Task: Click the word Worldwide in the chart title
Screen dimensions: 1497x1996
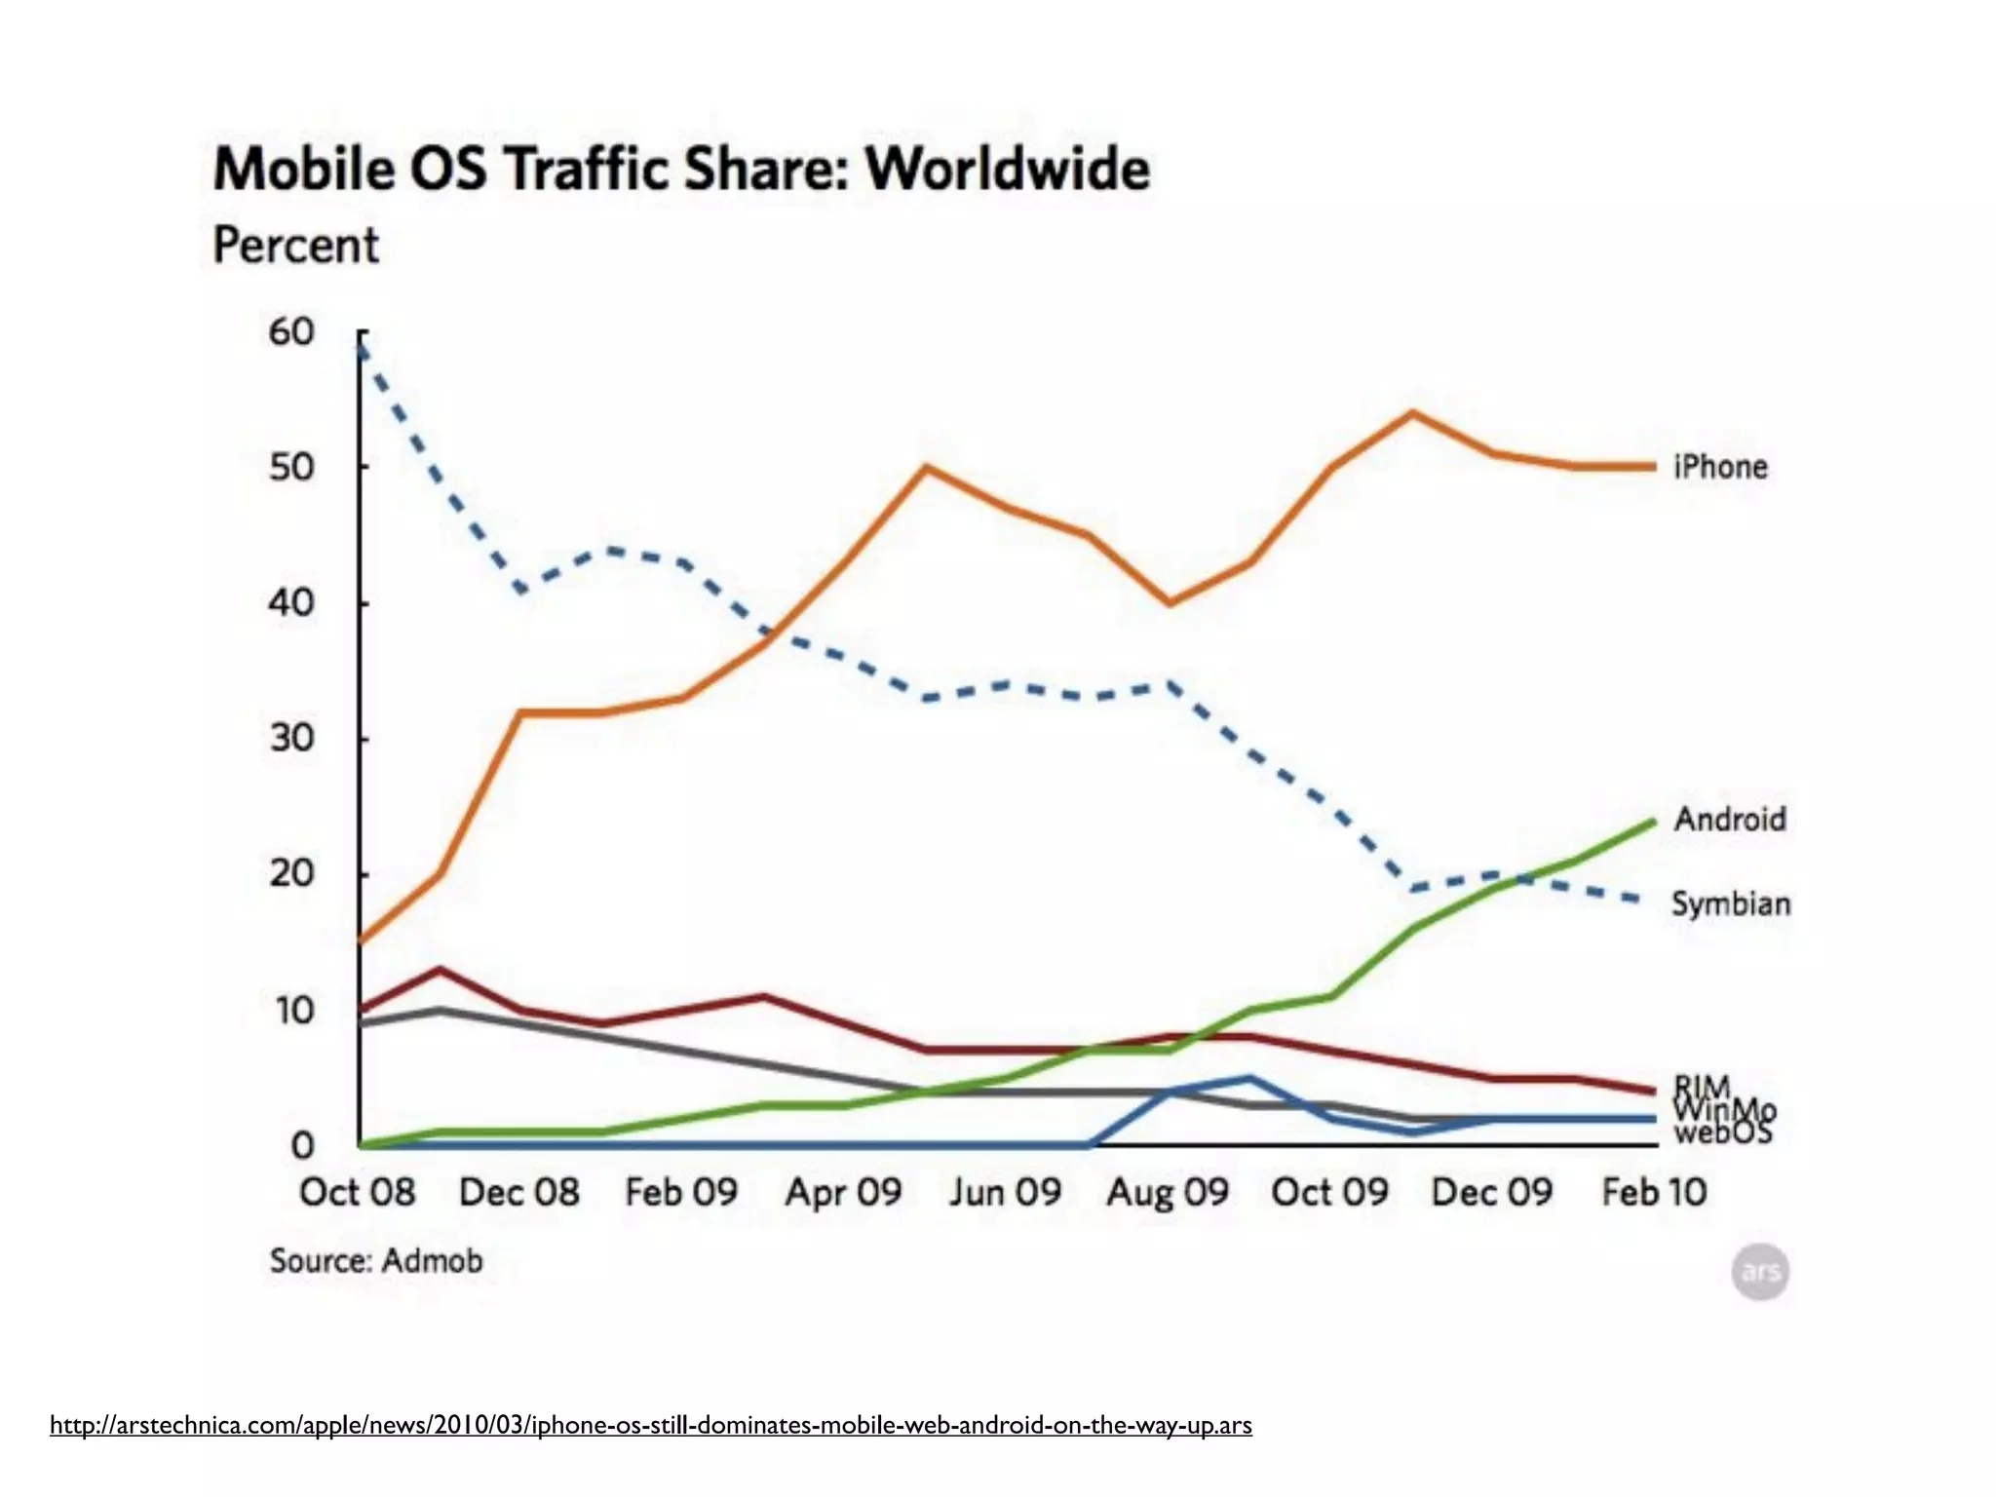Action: (x=1008, y=170)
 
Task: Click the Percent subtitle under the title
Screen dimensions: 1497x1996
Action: (x=295, y=246)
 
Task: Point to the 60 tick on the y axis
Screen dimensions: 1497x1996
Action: (x=291, y=332)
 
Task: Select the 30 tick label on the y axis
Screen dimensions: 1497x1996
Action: (x=291, y=738)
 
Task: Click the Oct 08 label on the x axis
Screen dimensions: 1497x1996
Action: (x=357, y=1192)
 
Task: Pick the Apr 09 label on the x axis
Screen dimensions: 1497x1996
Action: (x=844, y=1192)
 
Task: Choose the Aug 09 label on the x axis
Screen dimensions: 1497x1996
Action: (x=1168, y=1192)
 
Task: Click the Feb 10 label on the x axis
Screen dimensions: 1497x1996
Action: (x=1654, y=1192)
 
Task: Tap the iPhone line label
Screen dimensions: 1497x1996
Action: (x=1720, y=467)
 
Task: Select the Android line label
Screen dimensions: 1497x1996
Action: (x=1730, y=819)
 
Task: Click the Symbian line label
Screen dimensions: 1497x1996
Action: (x=1731, y=903)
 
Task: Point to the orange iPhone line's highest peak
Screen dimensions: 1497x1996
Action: (x=1412, y=413)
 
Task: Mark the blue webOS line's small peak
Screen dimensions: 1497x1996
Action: (x=1249, y=1078)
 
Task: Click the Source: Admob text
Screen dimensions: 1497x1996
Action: (x=376, y=1261)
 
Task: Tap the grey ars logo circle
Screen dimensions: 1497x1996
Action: (x=1760, y=1272)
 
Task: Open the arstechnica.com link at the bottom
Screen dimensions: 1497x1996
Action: (x=650, y=1425)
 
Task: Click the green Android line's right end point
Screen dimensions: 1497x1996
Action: (x=1653, y=823)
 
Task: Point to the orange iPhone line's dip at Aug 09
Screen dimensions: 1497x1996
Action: (x=1169, y=603)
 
